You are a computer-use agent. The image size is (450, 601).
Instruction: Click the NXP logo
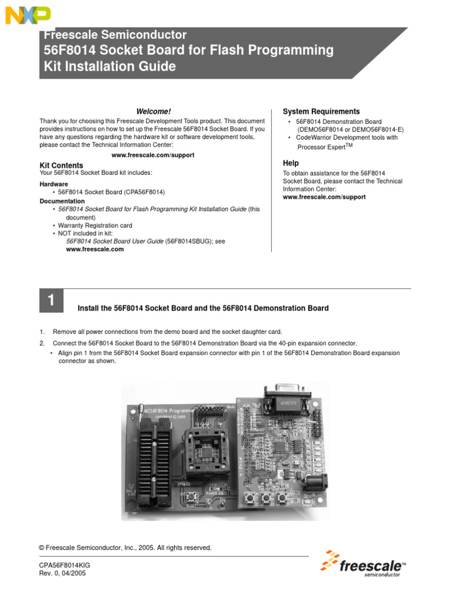tap(28, 15)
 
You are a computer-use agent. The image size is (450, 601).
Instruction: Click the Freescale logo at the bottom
tap(363, 565)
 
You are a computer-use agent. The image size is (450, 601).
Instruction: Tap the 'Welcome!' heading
tap(154, 112)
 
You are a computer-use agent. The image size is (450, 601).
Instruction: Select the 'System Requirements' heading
tap(321, 112)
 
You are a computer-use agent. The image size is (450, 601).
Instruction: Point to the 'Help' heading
tap(291, 163)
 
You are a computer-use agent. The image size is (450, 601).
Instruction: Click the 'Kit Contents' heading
tap(61, 166)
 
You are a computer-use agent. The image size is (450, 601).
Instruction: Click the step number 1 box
tap(51, 302)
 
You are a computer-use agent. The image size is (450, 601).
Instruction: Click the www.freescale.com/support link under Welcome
tap(152, 155)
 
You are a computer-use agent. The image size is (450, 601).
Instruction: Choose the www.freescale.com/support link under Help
tap(324, 197)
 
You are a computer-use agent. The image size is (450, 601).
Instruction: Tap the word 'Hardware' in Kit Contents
tap(54, 184)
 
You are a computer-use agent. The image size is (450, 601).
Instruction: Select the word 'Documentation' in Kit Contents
tap(62, 201)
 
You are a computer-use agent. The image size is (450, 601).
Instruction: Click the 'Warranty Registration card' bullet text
tap(95, 225)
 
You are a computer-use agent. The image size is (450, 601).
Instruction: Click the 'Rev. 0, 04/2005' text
tap(62, 573)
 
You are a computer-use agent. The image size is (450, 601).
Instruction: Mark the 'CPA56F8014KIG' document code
tap(64, 565)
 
